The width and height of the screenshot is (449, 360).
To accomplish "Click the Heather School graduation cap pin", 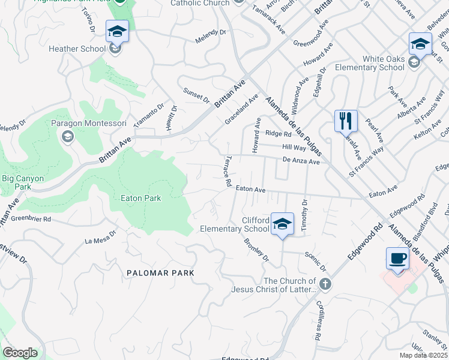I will [117, 31].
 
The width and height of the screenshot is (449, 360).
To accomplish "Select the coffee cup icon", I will [397, 258].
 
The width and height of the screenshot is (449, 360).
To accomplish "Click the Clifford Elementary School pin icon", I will [282, 223].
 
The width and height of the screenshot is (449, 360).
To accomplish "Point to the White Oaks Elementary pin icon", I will [420, 43].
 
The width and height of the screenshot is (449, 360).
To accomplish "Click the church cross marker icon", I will [324, 284].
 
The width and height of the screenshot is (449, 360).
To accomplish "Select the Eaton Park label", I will [140, 197].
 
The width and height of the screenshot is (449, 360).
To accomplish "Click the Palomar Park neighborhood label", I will [160, 272].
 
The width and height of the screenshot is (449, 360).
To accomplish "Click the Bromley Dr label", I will [256, 250].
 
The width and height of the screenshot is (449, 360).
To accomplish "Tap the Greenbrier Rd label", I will [31, 219].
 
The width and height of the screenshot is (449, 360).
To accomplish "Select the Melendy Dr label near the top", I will [210, 37].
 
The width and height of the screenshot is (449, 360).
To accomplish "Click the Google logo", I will [20, 353].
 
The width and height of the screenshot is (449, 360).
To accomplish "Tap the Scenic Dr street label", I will [315, 262].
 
